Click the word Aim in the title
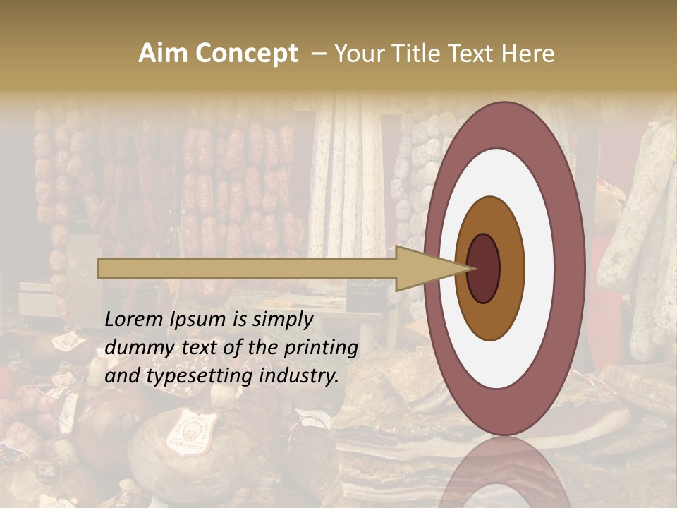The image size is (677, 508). click(x=163, y=54)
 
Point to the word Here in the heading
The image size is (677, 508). click(x=529, y=54)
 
